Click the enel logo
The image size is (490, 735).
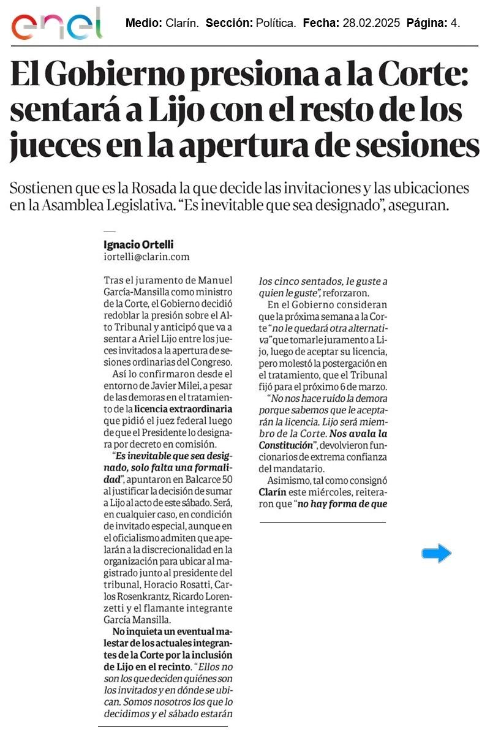tap(57, 24)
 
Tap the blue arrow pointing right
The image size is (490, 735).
tap(436, 554)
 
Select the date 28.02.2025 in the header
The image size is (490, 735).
tap(371, 24)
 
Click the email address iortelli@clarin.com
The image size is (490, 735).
tap(146, 257)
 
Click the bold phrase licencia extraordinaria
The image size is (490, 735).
tap(175, 407)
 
